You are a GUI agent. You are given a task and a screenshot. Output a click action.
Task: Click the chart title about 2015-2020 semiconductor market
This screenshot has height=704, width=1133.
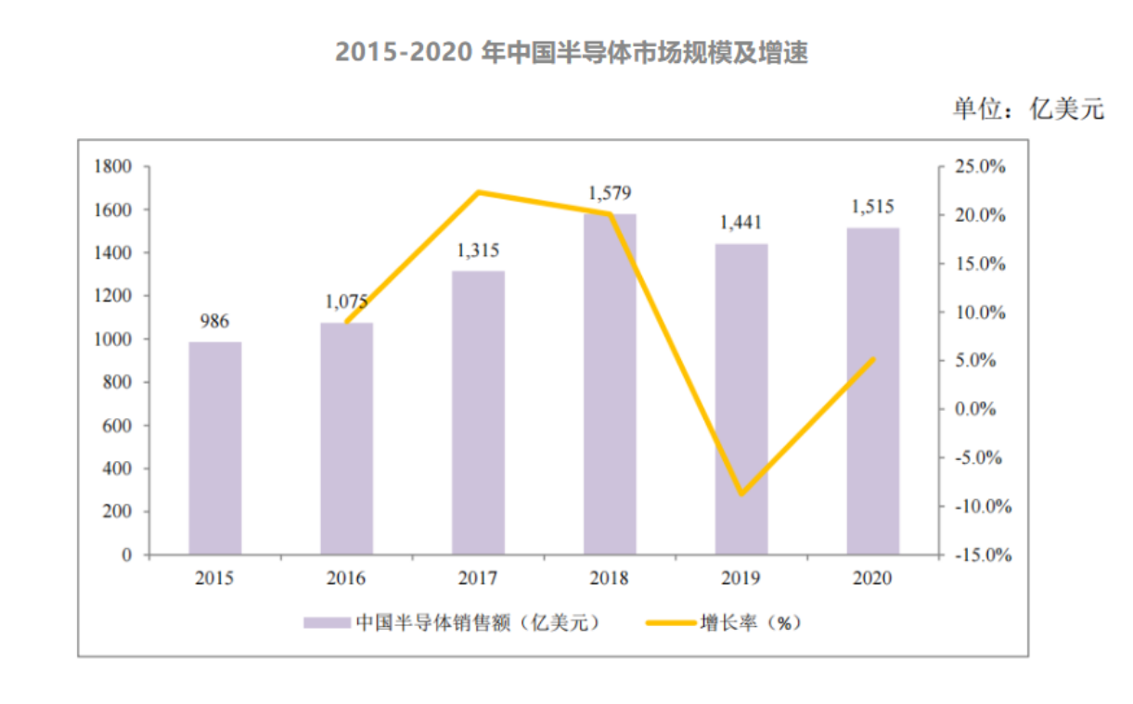[x=572, y=53]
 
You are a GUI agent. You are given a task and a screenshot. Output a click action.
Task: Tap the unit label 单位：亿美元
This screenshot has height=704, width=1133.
[x=1029, y=109]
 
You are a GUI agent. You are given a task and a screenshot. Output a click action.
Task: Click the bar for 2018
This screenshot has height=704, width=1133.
[x=610, y=384]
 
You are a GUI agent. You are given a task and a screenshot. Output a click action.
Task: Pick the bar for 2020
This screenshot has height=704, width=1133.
[x=872, y=390]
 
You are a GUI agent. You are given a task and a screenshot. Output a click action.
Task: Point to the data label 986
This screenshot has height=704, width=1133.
[x=214, y=322]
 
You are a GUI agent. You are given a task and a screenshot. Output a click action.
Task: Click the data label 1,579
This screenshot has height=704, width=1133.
[x=610, y=194]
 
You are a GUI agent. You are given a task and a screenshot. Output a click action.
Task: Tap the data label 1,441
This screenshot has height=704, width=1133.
[x=741, y=224]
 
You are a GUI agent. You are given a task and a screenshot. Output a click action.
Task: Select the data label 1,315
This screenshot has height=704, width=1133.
[x=479, y=250]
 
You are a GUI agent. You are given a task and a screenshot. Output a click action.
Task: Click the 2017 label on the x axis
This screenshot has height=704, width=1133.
[x=478, y=578]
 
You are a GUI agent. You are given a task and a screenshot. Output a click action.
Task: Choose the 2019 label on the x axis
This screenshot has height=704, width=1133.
[x=740, y=578]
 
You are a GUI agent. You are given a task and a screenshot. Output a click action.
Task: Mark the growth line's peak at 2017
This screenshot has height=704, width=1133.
[x=479, y=192]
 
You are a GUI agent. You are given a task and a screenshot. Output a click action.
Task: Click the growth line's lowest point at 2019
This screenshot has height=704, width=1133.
[x=740, y=493]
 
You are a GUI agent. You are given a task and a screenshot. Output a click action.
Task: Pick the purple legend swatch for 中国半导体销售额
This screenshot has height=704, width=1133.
[x=326, y=622]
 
